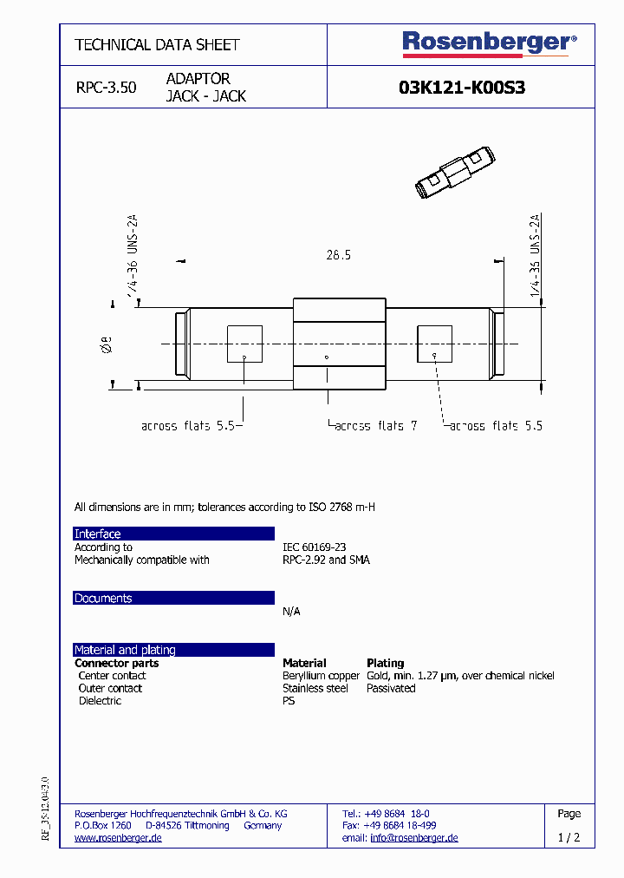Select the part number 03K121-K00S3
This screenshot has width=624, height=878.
click(x=461, y=88)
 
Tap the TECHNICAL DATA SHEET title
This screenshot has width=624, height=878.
click(x=157, y=45)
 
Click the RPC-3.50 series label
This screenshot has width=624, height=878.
click(x=106, y=88)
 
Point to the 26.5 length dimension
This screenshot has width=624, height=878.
click(x=338, y=255)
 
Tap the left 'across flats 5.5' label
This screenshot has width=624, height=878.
click(x=189, y=426)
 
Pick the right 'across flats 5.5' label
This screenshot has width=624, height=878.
click(x=495, y=426)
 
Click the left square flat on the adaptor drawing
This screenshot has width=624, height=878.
click(x=244, y=344)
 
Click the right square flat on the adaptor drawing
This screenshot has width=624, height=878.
click(x=434, y=344)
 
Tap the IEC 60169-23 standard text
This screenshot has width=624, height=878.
click(x=314, y=547)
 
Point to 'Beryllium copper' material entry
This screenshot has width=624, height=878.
click(x=321, y=676)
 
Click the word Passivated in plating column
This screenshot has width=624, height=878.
click(x=391, y=688)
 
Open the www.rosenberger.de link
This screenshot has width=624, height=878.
click(x=118, y=838)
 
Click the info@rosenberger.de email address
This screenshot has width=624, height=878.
click(x=413, y=838)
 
